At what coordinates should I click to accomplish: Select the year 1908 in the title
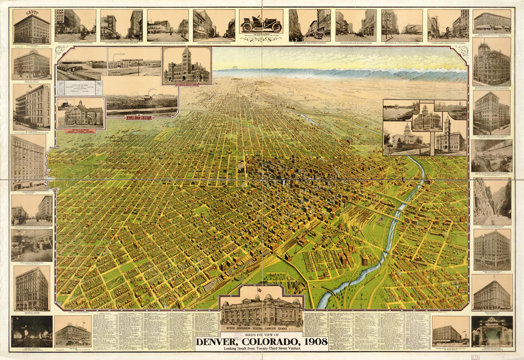[311, 341]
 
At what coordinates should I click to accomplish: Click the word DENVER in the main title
[220, 341]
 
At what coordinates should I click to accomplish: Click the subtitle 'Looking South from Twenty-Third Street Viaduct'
[261, 349]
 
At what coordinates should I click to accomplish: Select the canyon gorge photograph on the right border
[492, 202]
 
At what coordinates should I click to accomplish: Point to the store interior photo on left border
[31, 246]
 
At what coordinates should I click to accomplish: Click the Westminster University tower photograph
[187, 66]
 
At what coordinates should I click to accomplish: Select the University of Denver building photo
[81, 113]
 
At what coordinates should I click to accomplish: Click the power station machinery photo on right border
[492, 156]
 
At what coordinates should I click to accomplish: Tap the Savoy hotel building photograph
[31, 29]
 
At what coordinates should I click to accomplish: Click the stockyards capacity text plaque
[80, 88]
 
